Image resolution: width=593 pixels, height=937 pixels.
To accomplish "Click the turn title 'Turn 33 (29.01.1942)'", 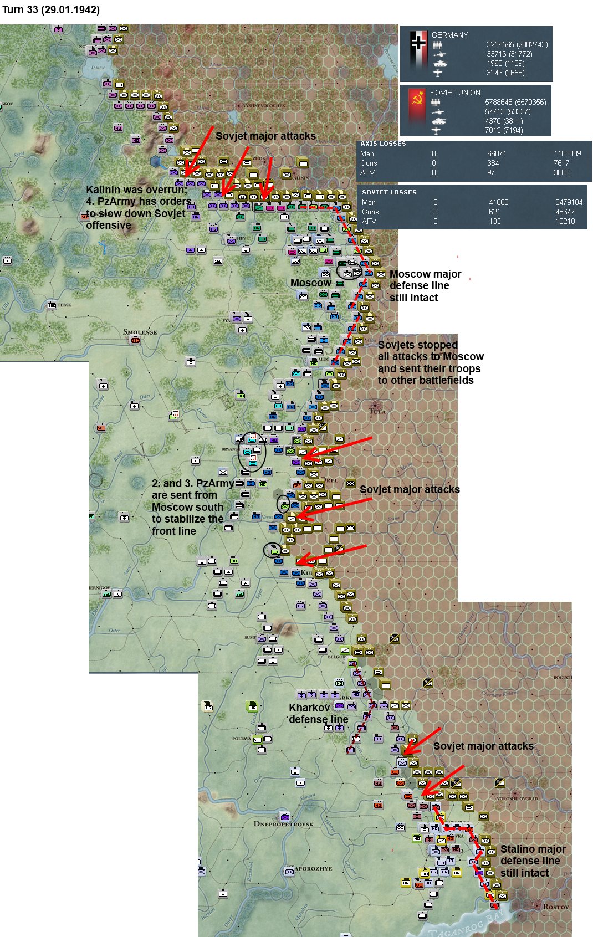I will pos(51,10).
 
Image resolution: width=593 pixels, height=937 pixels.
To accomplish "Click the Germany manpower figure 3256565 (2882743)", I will pos(517,44).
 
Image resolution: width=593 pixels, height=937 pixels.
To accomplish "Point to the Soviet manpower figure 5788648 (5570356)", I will pos(515,102).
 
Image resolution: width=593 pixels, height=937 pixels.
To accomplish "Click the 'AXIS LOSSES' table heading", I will pos(383,144).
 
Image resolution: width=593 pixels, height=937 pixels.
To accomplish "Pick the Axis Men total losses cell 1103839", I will pos(567,153).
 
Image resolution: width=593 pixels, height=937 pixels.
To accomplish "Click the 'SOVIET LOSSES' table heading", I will pos(388,192).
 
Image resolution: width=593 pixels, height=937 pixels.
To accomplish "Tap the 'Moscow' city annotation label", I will pos(310,283).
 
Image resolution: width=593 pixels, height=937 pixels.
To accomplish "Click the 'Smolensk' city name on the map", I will pos(140,332).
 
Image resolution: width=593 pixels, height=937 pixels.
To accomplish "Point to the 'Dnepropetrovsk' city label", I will pos(283,823).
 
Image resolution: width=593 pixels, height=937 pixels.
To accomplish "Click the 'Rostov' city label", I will pos(555,907).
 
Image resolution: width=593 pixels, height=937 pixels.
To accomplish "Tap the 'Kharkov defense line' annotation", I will pos(318,714).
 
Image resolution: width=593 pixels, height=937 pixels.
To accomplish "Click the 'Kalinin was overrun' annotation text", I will pos(137,190).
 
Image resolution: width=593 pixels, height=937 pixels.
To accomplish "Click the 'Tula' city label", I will pos(377,411).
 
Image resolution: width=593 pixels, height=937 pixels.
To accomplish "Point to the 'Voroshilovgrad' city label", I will pos(517,798).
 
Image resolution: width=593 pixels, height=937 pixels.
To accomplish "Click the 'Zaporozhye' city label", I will pos(313,868).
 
